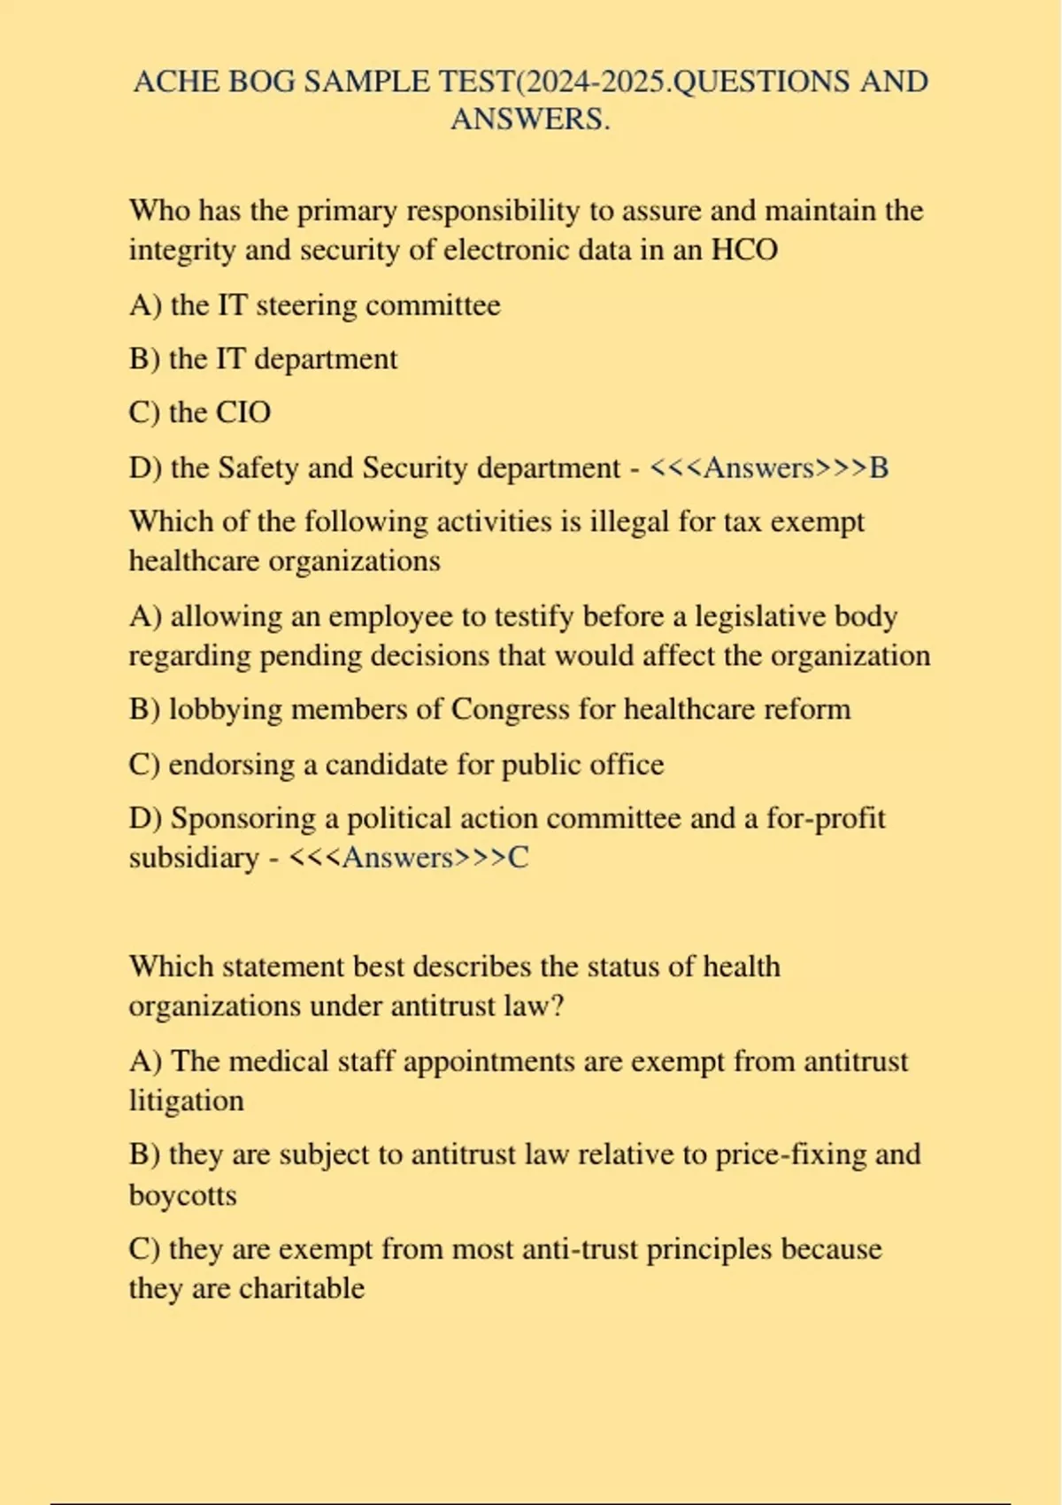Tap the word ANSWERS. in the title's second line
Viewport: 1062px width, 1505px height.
(530, 119)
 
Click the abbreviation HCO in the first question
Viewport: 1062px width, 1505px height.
(744, 250)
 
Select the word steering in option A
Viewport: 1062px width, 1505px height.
(306, 305)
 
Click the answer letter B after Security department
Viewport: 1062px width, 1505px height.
(878, 467)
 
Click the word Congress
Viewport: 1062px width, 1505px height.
(510, 709)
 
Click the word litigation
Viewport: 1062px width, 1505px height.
(186, 1100)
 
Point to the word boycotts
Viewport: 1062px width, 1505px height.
(182, 1195)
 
